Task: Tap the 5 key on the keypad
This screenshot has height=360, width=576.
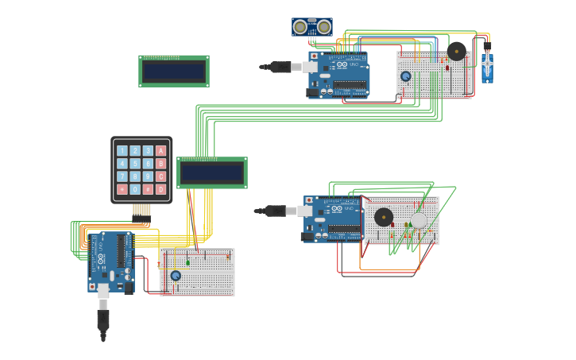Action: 135,164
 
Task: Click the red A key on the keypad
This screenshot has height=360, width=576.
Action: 161,150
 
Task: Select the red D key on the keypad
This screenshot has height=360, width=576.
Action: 161,189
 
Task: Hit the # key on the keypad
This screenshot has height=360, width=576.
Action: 148,189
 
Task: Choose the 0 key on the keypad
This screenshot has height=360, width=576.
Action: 135,189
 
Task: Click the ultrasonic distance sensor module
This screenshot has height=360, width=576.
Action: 311,27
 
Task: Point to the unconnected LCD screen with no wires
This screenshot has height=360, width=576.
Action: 174,72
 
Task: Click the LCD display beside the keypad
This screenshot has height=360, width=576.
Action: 212,172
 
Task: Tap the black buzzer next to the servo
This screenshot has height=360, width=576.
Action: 457,51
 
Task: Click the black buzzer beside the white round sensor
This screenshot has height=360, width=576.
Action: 384,217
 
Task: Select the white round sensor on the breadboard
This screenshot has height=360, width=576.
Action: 419,220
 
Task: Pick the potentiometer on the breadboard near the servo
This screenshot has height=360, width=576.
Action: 406,76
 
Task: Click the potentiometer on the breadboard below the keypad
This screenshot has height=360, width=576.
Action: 176,276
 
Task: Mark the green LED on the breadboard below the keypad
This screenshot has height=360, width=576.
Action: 188,262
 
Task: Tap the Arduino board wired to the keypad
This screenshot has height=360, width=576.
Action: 110,261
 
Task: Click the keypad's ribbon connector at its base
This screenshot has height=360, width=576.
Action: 141,211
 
